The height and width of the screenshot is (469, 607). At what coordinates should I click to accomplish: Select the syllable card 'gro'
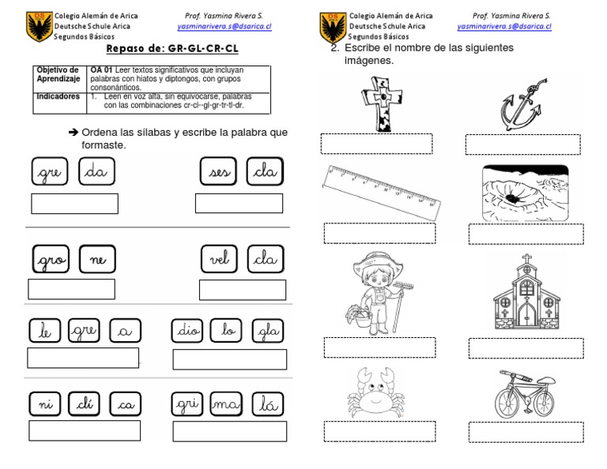[x=51, y=260]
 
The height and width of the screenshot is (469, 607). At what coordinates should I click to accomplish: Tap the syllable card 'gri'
[x=188, y=404]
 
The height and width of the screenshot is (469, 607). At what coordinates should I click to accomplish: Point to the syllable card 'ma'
[x=225, y=404]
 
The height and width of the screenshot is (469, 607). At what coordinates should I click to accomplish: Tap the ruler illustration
[x=379, y=193]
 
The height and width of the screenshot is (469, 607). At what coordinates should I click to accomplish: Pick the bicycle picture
[x=525, y=394]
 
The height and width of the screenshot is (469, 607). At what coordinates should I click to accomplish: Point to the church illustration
[x=526, y=294]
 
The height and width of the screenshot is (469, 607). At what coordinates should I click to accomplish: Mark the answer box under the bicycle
[x=526, y=432]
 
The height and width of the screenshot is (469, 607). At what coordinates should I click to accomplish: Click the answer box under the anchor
[x=522, y=144]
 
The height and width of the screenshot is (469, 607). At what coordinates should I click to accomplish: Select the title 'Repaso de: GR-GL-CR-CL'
[x=172, y=49]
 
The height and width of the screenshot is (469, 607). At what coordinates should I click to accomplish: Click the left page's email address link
[x=224, y=25]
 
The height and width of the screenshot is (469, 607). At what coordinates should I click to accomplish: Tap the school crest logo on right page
[x=332, y=27]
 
